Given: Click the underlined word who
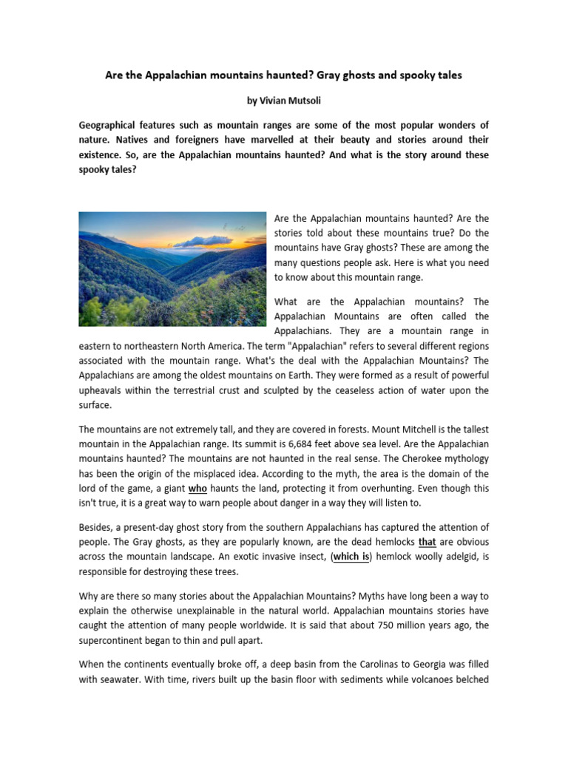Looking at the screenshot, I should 197,489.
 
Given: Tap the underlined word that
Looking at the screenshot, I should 427,542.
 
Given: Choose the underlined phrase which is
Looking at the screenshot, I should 351,557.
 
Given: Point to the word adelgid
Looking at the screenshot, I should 458,557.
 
